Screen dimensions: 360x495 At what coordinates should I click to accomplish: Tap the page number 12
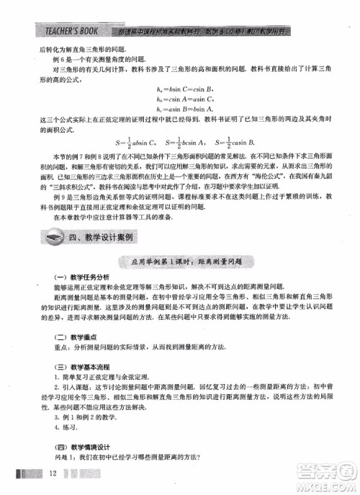tap(52, 473)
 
